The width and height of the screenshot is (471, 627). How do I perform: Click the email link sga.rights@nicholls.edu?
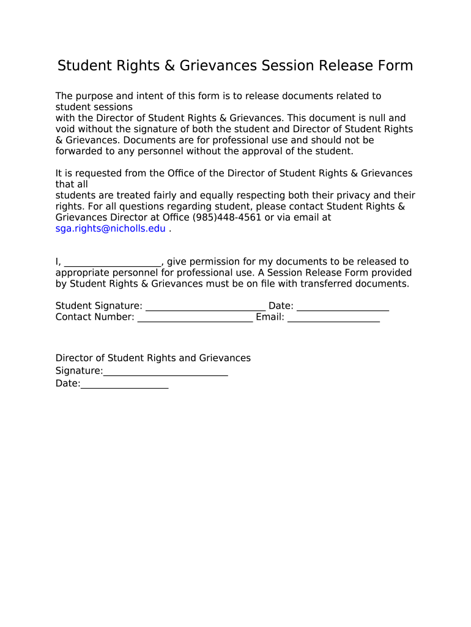[x=110, y=228]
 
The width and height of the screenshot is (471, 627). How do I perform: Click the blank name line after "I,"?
[x=112, y=262]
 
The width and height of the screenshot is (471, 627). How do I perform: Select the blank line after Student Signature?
[x=206, y=306]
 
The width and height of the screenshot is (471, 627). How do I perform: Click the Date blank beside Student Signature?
[x=343, y=306]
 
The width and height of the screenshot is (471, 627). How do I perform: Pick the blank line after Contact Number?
[x=195, y=317]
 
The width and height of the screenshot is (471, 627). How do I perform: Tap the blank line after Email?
[x=333, y=317]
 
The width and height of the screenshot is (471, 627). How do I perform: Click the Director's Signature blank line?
[x=166, y=371]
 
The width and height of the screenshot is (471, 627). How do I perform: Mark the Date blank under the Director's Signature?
[x=124, y=383]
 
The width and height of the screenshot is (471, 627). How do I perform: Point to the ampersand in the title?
[x=168, y=66]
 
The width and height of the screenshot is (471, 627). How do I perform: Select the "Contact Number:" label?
[x=95, y=317]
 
